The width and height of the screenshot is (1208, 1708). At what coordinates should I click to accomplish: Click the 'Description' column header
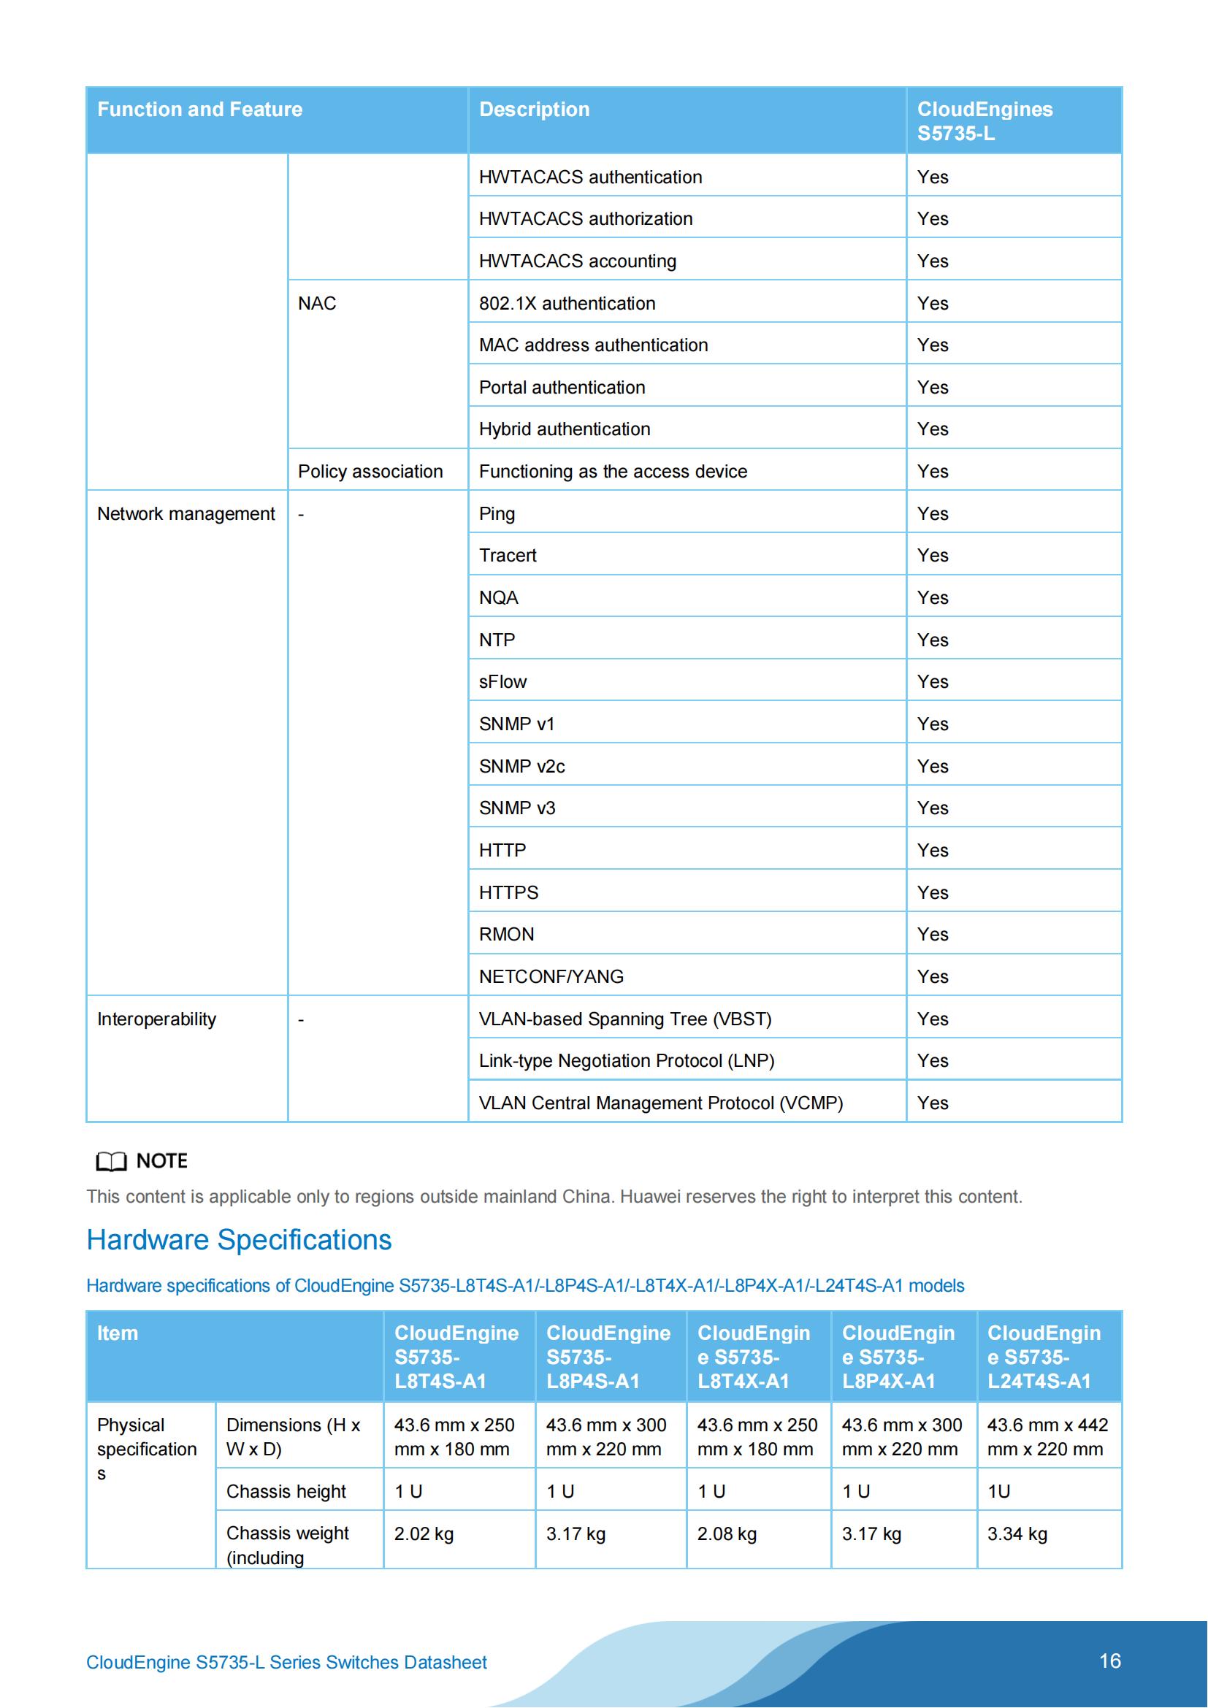tap(534, 110)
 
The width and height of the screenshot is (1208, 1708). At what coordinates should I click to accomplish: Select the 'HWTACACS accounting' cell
tap(577, 261)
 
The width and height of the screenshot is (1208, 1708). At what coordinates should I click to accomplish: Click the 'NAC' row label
tap(317, 304)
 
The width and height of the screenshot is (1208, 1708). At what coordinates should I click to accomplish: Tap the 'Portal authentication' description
tap(562, 388)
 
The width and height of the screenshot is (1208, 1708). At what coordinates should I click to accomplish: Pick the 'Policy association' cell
tap(370, 472)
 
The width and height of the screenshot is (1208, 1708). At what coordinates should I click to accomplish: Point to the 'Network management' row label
tap(186, 514)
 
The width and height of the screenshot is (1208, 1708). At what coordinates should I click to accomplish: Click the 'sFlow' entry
tap(502, 682)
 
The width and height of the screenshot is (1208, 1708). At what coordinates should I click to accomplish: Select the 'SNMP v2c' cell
tap(521, 766)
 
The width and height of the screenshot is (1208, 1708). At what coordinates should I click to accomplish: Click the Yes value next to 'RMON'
tap(932, 935)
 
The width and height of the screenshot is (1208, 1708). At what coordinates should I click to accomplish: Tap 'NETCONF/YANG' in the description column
tap(551, 977)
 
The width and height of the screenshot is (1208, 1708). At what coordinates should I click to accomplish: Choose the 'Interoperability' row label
tap(156, 1019)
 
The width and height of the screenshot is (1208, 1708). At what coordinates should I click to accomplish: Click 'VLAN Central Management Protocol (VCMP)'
tap(660, 1103)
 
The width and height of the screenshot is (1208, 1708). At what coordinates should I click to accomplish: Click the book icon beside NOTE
tap(112, 1161)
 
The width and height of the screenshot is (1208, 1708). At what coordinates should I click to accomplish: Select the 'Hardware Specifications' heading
tap(239, 1240)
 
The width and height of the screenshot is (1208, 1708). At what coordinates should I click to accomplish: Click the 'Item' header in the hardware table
tap(118, 1333)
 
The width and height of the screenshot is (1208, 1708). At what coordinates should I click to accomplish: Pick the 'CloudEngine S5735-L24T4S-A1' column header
tap(1043, 1357)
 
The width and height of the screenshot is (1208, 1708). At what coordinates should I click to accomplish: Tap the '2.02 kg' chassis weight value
tap(424, 1534)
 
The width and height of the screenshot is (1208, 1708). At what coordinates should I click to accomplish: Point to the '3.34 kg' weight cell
tap(1017, 1534)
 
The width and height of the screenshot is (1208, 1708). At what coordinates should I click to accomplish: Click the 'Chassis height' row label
tap(286, 1492)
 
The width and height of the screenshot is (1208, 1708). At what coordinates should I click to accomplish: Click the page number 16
tap(1109, 1661)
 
